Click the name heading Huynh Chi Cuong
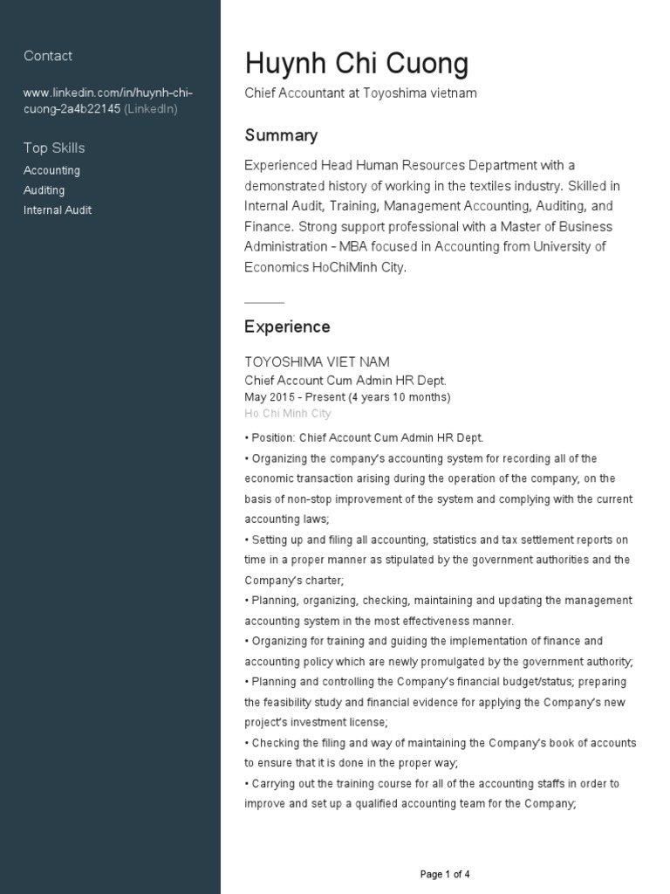356,64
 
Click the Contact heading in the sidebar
48,56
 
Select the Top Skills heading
54,148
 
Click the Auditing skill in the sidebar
44,190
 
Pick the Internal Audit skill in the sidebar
58,210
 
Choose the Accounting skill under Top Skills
51,170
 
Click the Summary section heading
281,135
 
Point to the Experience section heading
287,327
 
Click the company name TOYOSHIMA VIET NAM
317,361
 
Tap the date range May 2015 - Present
347,397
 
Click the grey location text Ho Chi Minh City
288,414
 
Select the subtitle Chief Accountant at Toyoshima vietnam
360,93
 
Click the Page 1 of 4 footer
445,874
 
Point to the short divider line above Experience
264,302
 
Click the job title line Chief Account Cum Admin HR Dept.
345,381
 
